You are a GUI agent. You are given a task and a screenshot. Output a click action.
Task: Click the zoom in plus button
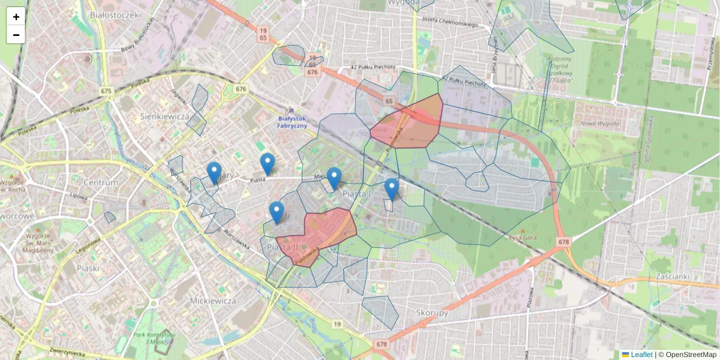[16, 17]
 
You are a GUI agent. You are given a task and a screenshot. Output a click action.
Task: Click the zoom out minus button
[16, 35]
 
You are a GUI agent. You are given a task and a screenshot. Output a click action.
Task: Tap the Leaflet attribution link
[641, 355]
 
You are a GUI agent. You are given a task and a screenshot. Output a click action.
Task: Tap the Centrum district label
[101, 182]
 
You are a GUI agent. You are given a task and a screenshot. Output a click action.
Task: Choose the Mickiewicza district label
[212, 300]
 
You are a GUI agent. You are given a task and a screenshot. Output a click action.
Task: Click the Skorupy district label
[432, 313]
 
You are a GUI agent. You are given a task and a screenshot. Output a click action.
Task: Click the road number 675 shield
[107, 91]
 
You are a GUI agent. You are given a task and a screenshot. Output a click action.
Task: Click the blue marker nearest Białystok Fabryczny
[268, 164]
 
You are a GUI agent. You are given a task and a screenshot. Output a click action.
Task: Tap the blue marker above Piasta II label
[276, 212]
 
